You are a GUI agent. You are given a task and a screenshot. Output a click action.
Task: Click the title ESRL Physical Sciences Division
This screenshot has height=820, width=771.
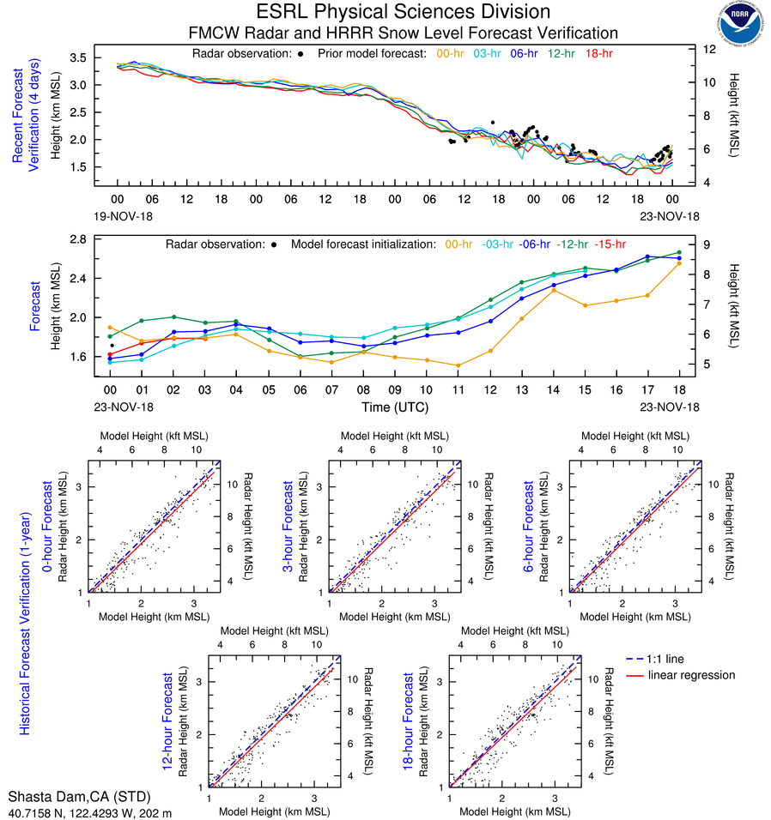pyautogui.click(x=403, y=12)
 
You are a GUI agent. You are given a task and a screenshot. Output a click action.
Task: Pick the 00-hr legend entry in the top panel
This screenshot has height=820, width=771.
pyautogui.click(x=452, y=53)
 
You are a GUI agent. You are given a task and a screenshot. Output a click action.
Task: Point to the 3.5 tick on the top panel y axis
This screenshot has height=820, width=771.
pyautogui.click(x=102, y=57)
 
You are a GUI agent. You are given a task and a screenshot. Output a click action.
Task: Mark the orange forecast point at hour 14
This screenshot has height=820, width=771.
pyautogui.click(x=554, y=290)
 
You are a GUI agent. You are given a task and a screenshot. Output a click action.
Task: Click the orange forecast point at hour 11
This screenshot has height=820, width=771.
pyautogui.click(x=458, y=365)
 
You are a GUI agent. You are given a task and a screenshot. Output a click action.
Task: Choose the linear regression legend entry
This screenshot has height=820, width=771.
pyautogui.click(x=692, y=675)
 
